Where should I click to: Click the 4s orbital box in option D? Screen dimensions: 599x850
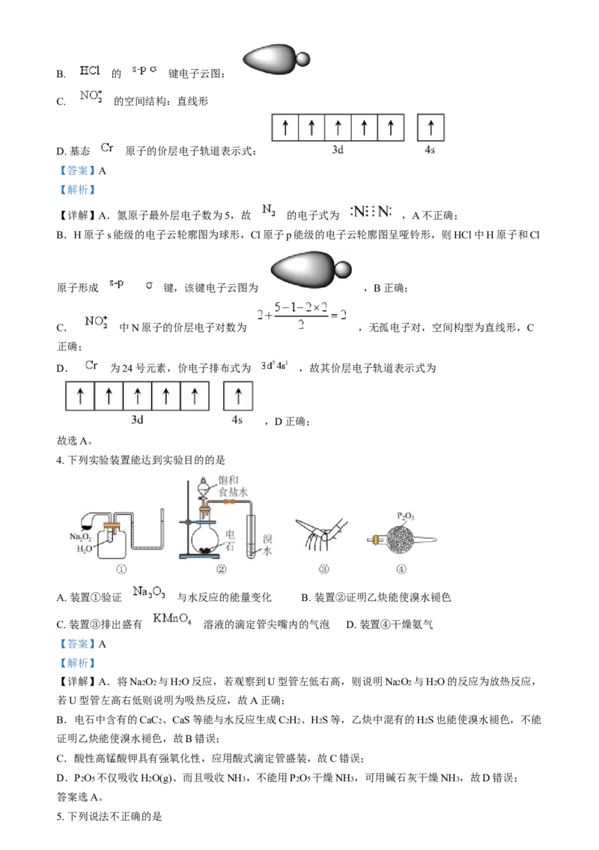tap(431, 127)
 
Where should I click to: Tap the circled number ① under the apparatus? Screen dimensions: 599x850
tap(121, 569)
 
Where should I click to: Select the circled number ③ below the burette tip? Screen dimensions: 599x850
tap(323, 569)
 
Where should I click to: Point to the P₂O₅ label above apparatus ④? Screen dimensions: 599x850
tap(406, 516)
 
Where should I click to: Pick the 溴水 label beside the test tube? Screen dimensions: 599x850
tap(267, 545)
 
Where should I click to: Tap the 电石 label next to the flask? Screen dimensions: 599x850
tap(230, 540)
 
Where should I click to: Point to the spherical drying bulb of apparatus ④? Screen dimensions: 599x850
tap(401, 540)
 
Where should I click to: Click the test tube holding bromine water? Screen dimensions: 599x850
tap(251, 536)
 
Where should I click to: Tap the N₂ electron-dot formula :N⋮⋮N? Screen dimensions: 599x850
tap(371, 212)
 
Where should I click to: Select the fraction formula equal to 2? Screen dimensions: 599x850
tap(302, 315)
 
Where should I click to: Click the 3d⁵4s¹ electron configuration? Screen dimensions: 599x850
tap(274, 366)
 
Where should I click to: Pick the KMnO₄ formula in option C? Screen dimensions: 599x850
tap(172, 619)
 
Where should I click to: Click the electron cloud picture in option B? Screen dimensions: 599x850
tap(277, 59)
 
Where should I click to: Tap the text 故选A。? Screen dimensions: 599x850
tap(75, 441)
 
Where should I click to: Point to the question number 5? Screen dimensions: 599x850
tap(60, 816)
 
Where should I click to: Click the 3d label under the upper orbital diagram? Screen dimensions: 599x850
tap(338, 150)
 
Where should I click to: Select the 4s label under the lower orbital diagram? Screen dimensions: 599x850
tap(237, 420)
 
